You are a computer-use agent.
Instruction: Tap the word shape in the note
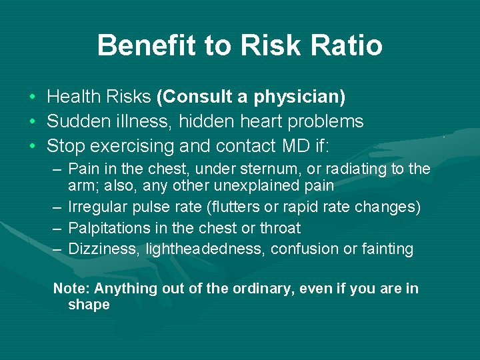point(89,305)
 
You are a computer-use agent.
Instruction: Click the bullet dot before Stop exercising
point(33,145)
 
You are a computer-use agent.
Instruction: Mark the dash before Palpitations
point(57,228)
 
